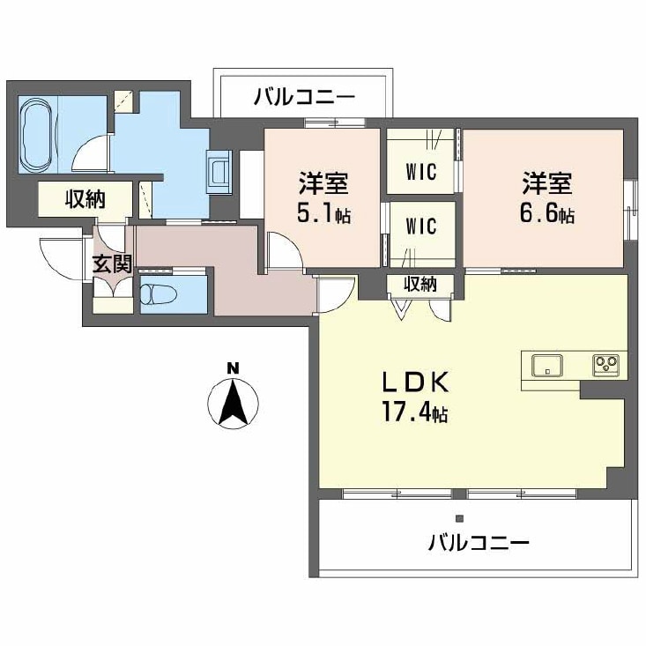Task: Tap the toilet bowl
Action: [x=159, y=294]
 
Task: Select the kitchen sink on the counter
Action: [x=547, y=365]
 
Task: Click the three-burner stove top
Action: [x=606, y=365]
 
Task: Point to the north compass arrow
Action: [x=234, y=403]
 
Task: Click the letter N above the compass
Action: [x=234, y=368]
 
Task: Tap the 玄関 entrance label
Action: [x=112, y=264]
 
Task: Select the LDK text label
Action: [x=415, y=382]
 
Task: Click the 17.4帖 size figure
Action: [x=415, y=412]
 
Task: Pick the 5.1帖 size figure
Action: [x=323, y=214]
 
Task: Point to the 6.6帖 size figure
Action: [x=547, y=214]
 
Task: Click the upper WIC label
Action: [x=421, y=172]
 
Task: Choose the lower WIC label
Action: [x=421, y=226]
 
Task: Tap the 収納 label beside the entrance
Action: [x=85, y=199]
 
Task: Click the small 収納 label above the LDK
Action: [x=420, y=284]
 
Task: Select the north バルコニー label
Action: [x=304, y=97]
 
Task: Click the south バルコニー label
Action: [x=478, y=543]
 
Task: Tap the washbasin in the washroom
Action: [x=219, y=171]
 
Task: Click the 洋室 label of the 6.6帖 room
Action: [x=547, y=183]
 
